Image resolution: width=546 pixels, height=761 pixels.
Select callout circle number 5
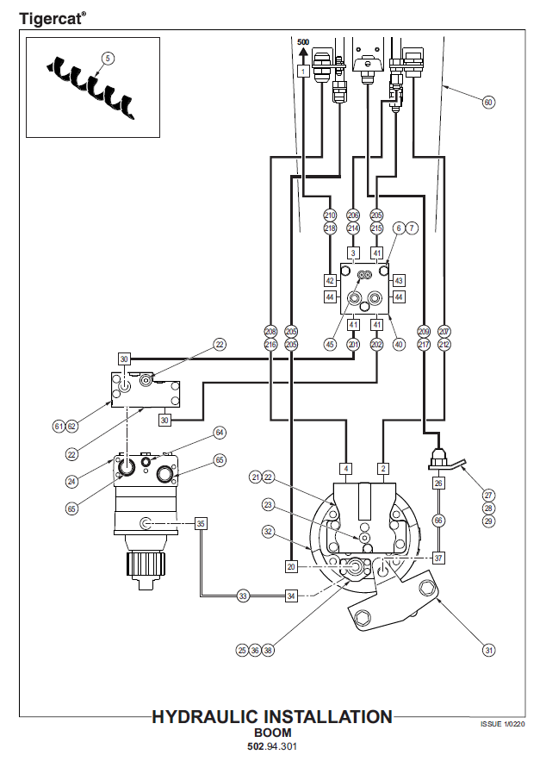tap(107, 58)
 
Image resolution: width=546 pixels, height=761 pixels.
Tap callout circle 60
tap(488, 103)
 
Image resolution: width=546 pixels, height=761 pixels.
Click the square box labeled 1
tap(303, 72)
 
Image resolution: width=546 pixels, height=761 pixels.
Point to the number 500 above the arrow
tap(303, 41)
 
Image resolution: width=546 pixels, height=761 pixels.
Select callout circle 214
tap(353, 228)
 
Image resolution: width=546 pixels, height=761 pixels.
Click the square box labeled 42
tap(330, 280)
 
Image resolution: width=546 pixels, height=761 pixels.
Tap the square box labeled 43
tap(399, 280)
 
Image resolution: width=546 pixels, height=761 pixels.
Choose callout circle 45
tap(330, 344)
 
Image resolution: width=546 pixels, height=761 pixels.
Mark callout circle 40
tap(399, 344)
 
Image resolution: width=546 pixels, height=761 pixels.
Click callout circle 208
tap(270, 331)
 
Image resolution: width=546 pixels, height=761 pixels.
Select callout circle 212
tap(444, 344)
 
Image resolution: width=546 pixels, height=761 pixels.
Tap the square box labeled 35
tap(201, 522)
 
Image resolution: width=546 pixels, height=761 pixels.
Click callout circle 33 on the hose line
tap(244, 596)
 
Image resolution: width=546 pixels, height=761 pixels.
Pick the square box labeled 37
tap(439, 558)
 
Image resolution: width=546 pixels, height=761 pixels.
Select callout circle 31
tap(488, 650)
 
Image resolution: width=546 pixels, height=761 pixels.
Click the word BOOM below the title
tap(272, 733)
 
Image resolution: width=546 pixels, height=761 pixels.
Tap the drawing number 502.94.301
tap(272, 746)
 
